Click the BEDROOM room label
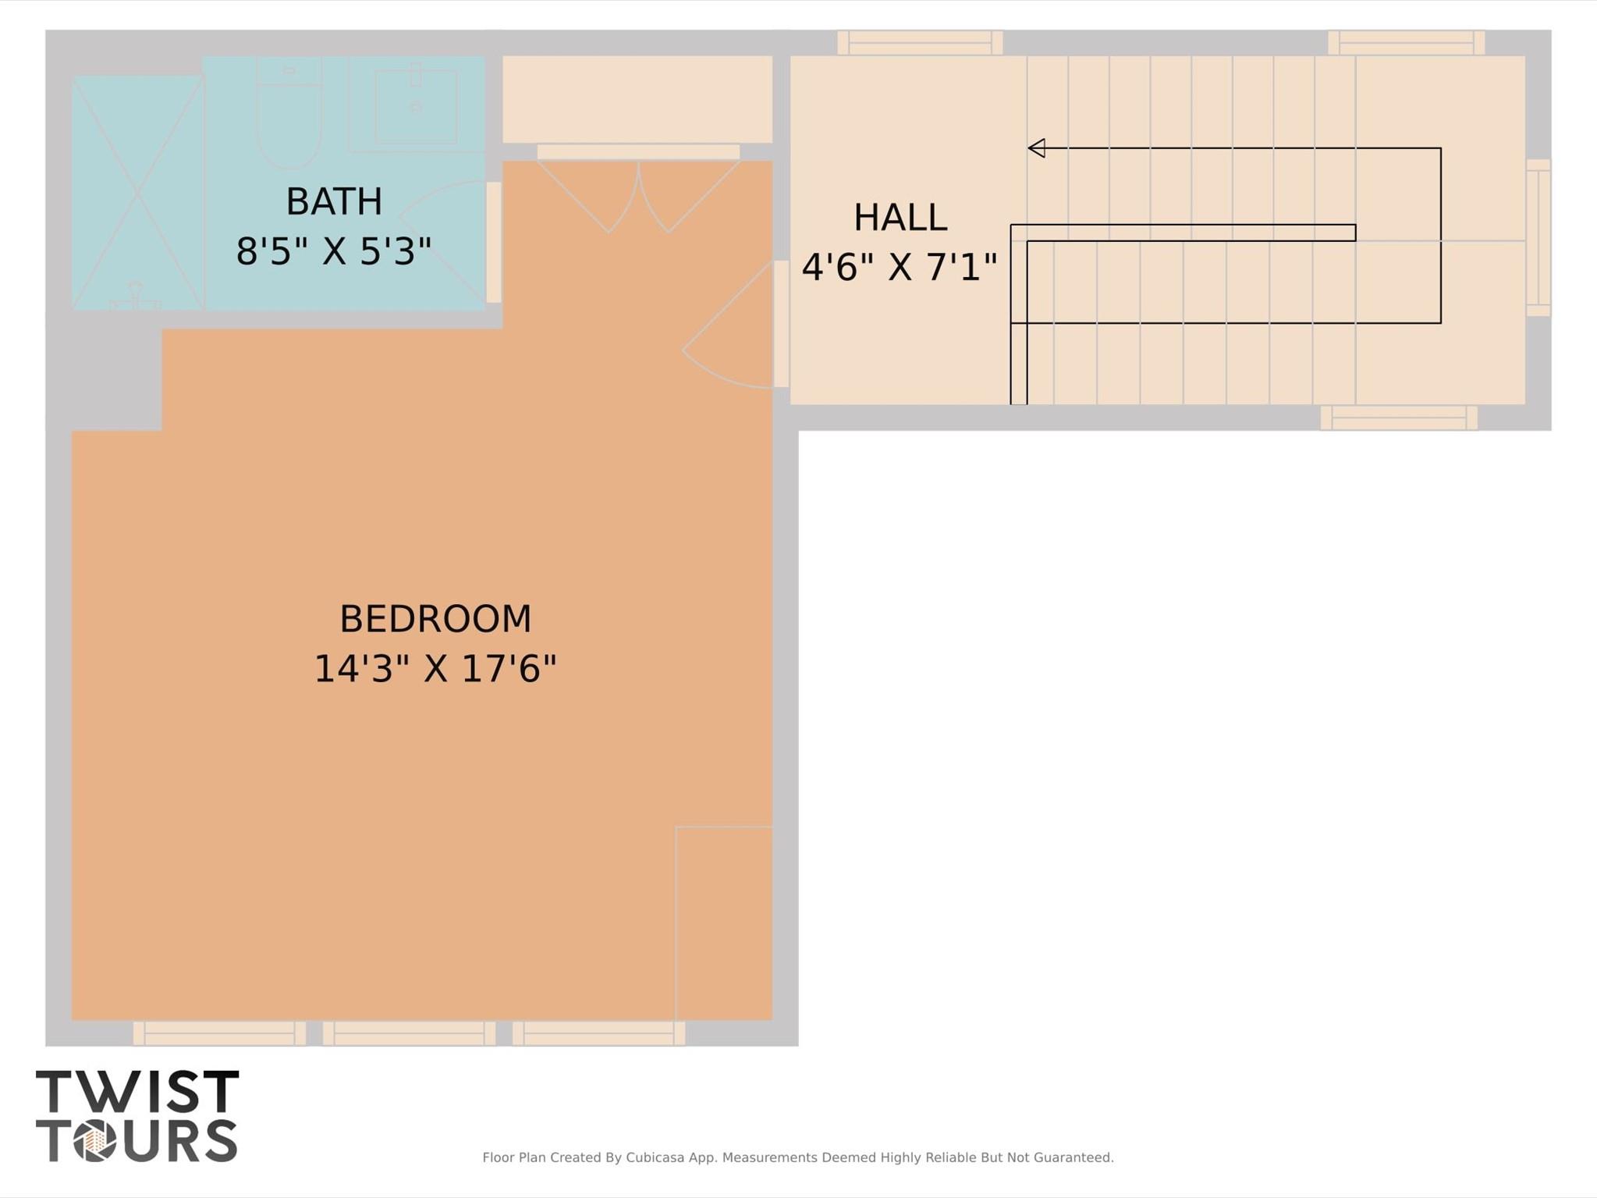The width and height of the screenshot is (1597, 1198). click(435, 620)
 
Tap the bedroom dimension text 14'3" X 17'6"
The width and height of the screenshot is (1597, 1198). click(435, 669)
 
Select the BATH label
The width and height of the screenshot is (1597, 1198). click(334, 202)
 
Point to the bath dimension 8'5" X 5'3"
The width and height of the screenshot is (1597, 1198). click(334, 251)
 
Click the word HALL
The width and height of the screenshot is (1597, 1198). click(900, 218)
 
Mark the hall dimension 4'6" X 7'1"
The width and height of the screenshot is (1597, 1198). click(900, 267)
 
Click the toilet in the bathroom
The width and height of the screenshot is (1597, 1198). click(289, 113)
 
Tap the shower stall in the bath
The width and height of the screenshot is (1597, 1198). click(137, 193)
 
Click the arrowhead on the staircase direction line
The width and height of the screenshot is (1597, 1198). click(1036, 148)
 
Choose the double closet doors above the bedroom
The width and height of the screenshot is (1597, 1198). click(638, 191)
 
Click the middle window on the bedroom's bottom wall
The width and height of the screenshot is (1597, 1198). click(409, 1033)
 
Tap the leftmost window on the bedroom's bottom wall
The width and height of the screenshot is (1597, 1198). click(219, 1033)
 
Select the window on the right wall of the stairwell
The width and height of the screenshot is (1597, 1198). click(1538, 238)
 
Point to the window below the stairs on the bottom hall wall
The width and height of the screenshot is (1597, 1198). click(1399, 418)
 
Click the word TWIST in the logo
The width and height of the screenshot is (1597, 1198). click(137, 1092)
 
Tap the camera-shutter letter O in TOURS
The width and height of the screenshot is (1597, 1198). click(95, 1141)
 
